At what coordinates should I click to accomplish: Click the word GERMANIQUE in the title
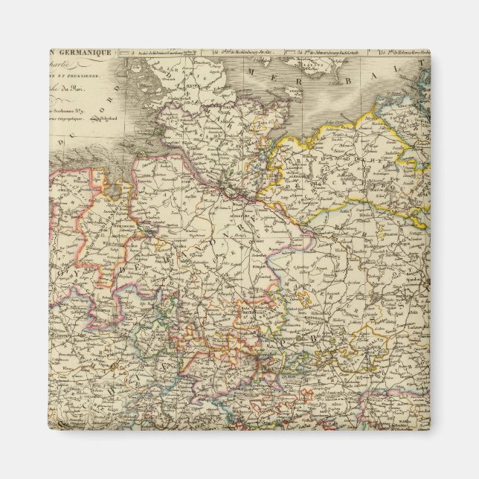pos(83,53)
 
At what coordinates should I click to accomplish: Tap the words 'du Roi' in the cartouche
pos(99,91)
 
